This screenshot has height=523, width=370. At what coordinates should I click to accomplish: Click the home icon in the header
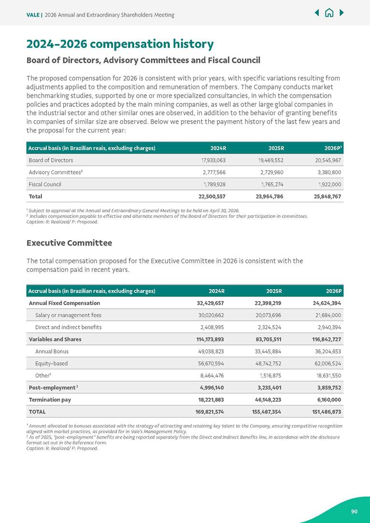(x=329, y=13)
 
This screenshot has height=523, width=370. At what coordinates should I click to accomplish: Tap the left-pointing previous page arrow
(x=317, y=13)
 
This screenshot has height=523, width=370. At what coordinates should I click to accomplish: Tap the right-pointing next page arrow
(x=342, y=13)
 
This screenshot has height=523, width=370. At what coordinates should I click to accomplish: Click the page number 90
(x=354, y=511)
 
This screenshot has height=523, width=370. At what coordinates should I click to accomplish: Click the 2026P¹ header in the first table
(x=333, y=148)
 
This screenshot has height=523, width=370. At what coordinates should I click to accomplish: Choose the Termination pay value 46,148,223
(x=264, y=400)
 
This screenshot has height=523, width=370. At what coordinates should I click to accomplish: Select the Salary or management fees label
(x=68, y=315)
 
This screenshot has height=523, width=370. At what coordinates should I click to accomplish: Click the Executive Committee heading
(x=69, y=242)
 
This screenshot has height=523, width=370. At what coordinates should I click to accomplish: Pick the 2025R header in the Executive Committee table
(x=274, y=291)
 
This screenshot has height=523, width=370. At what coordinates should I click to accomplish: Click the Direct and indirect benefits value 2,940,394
(x=327, y=327)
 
